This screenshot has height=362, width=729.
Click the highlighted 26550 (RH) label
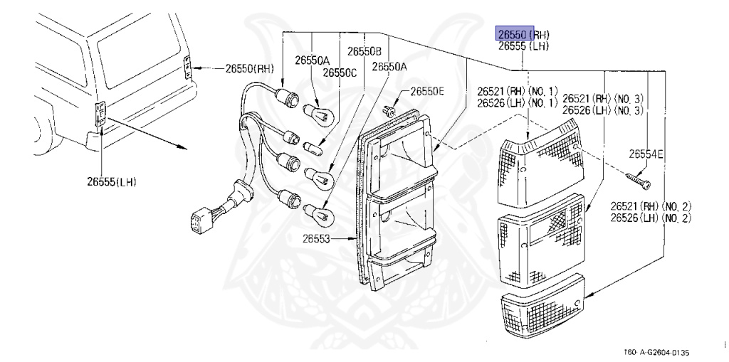pyautogui.click(x=523, y=34)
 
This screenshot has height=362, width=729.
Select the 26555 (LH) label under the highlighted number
pyautogui.click(x=523, y=46)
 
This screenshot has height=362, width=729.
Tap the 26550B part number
pyautogui.click(x=364, y=51)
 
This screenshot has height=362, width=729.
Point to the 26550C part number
pyautogui.click(x=340, y=73)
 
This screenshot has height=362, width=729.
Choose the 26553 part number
pyautogui.click(x=330, y=239)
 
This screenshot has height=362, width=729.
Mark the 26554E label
pyautogui.click(x=646, y=154)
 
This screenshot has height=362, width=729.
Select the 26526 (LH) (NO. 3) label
pyautogui.click(x=602, y=110)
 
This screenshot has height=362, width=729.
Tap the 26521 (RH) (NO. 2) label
pyautogui.click(x=650, y=206)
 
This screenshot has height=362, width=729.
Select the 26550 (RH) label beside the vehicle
pyautogui.click(x=249, y=69)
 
